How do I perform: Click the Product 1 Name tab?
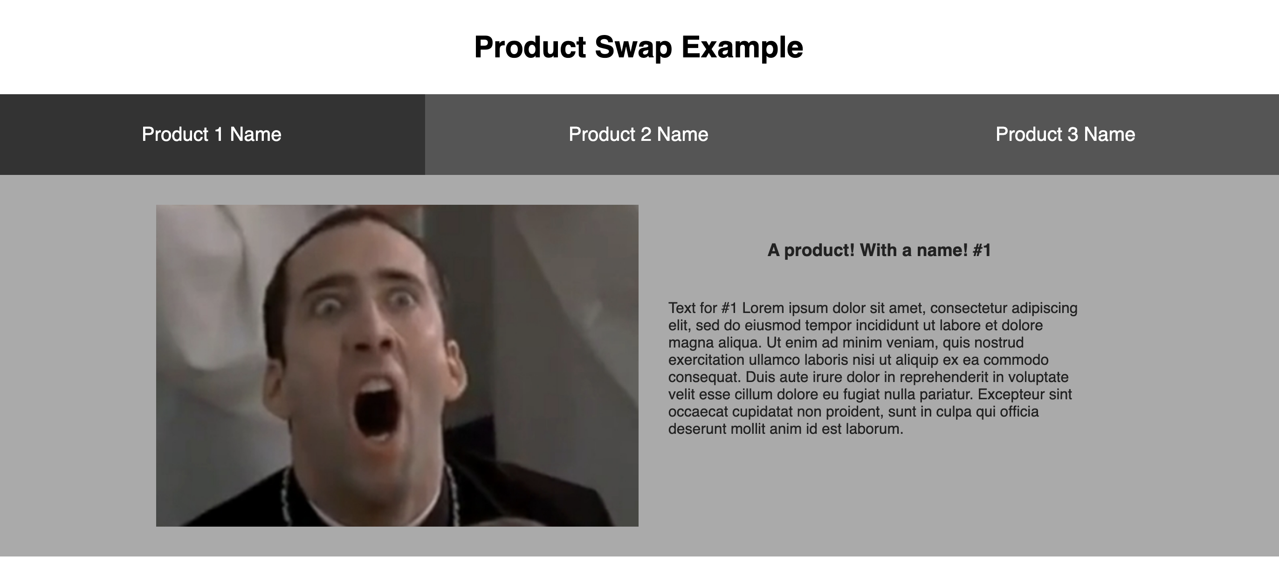click(212, 134)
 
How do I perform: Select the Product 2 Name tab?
click(639, 134)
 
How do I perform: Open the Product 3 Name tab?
click(1066, 134)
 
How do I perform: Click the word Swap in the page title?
click(633, 48)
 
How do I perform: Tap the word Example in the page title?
click(742, 48)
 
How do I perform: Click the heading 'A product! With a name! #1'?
click(879, 250)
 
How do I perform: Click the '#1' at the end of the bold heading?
click(982, 250)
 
